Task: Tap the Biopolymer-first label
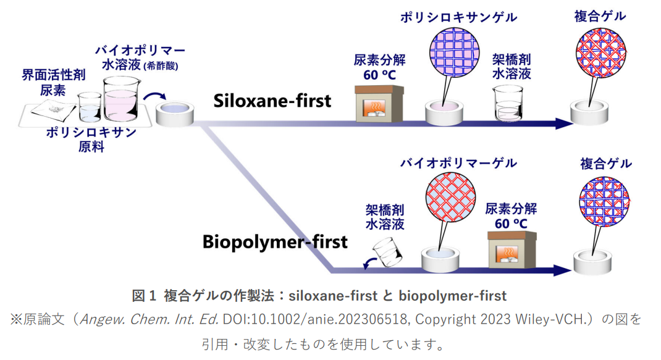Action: point(275,241)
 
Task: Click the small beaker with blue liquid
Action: point(90,107)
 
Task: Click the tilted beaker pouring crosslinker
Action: point(387,251)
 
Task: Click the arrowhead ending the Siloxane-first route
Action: point(563,123)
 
